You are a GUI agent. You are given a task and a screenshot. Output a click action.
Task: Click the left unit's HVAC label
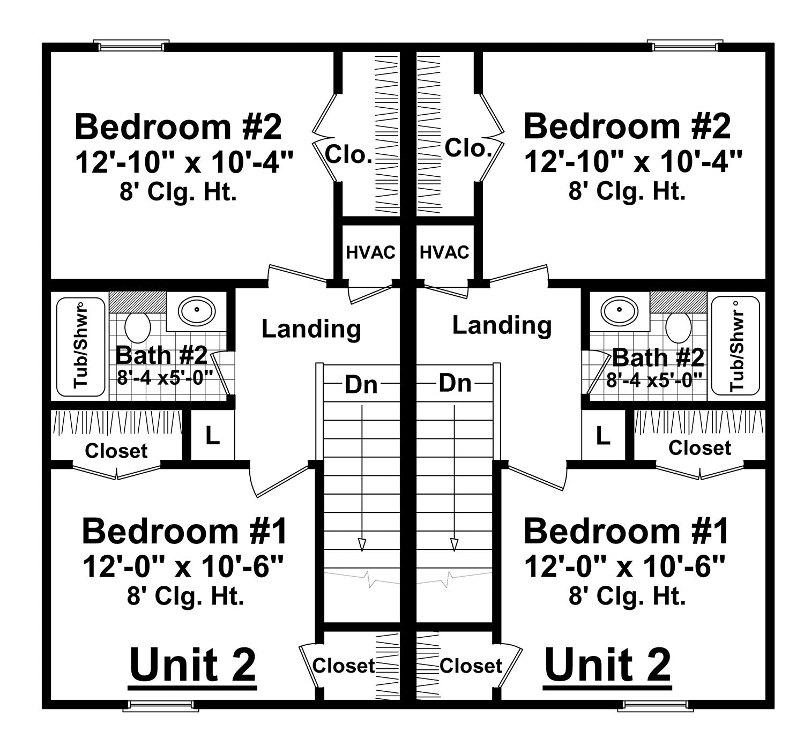tap(370, 252)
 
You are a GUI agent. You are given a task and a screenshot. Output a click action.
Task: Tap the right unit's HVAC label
tap(444, 252)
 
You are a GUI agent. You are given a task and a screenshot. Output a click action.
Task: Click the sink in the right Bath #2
tap(619, 310)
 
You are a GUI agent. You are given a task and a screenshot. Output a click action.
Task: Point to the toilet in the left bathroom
tap(137, 327)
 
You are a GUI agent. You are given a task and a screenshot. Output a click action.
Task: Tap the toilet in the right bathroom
tap(678, 327)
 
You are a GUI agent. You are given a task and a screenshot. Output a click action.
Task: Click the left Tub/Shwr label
tap(81, 346)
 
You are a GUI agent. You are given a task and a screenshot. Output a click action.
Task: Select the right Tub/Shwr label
tap(737, 346)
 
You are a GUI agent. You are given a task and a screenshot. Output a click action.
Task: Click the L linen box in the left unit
tap(213, 436)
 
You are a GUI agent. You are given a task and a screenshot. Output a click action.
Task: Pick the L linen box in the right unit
tap(603, 436)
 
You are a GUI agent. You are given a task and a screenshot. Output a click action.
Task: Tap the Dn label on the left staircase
tap(361, 385)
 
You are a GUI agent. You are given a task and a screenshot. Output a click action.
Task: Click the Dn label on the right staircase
tap(455, 383)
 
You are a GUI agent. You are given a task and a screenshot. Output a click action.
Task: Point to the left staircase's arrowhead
tap(362, 545)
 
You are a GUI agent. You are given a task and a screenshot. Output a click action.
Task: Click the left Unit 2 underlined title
tap(193, 665)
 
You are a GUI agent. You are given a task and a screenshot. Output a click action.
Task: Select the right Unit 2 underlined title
tap(608, 665)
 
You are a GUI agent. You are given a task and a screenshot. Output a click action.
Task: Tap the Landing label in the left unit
tap(311, 329)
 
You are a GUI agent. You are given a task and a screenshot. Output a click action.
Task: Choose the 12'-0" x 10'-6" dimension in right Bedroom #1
tap(625, 566)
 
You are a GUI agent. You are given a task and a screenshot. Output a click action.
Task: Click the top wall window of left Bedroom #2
tap(131, 46)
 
